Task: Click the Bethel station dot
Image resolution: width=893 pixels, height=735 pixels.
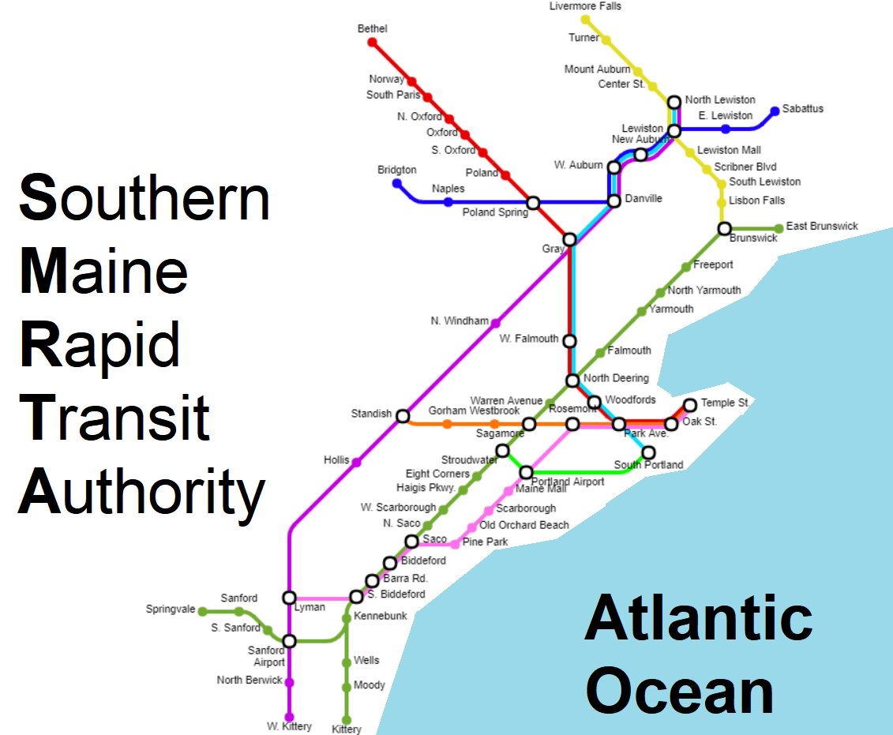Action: (373, 43)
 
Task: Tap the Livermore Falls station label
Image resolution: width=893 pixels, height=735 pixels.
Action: (585, 6)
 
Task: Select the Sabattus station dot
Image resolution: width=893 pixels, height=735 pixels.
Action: (775, 111)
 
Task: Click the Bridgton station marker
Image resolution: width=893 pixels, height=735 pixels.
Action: (397, 184)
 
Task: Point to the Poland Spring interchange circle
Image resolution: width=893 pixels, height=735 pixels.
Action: (533, 203)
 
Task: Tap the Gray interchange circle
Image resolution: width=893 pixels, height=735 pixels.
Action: (569, 239)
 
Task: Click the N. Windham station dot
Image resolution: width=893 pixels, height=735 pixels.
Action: (495, 323)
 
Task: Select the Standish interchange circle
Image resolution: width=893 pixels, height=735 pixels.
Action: (403, 416)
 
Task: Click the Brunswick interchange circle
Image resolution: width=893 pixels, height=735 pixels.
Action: (724, 229)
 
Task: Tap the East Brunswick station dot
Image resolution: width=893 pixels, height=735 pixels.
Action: (779, 229)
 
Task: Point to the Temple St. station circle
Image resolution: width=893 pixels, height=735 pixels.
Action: (690, 405)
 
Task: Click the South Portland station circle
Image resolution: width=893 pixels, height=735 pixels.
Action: (648, 452)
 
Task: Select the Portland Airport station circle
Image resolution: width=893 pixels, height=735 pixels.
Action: (526, 473)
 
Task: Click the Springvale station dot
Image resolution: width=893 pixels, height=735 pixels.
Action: (202, 611)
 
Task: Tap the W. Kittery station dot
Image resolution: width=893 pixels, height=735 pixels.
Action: (289, 717)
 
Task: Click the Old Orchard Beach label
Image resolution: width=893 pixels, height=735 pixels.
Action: (523, 525)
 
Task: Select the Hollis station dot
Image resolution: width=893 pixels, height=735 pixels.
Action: (356, 463)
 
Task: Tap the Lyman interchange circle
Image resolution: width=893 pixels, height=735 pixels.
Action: (289, 598)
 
